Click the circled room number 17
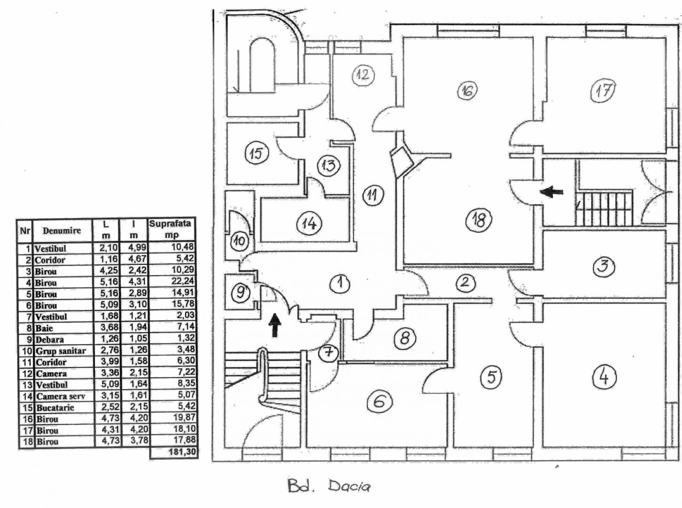tap(603, 90)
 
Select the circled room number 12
tap(363, 75)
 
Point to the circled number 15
tap(256, 153)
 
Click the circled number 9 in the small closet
tap(241, 293)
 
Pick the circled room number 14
tap(309, 223)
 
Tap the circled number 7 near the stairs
tap(328, 352)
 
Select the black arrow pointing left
tap(551, 191)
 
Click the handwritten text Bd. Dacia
tap(329, 486)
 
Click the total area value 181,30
tap(174, 453)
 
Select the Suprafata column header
tap(171, 229)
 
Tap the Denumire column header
tap(62, 230)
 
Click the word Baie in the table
tap(44, 328)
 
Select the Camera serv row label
tap(61, 397)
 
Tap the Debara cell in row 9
tap(49, 340)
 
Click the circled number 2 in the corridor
tap(465, 282)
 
